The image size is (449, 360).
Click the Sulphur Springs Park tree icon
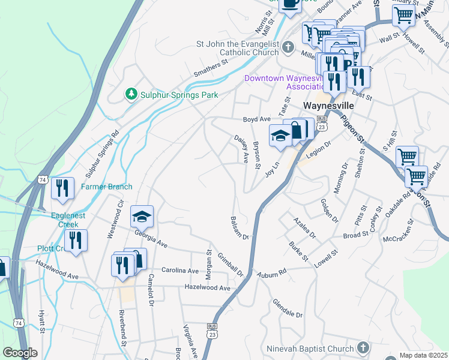131,94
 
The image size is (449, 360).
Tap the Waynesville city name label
327,104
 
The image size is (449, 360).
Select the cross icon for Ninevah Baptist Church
363,347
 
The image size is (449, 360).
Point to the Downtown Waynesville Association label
283,82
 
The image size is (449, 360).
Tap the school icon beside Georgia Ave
142,216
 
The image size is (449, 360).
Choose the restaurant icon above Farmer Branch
62,188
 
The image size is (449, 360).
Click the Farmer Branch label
107,187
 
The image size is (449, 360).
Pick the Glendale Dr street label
288,309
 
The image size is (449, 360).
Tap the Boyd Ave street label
257,119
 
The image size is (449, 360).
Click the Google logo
20,353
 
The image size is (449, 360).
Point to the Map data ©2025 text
423,355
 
